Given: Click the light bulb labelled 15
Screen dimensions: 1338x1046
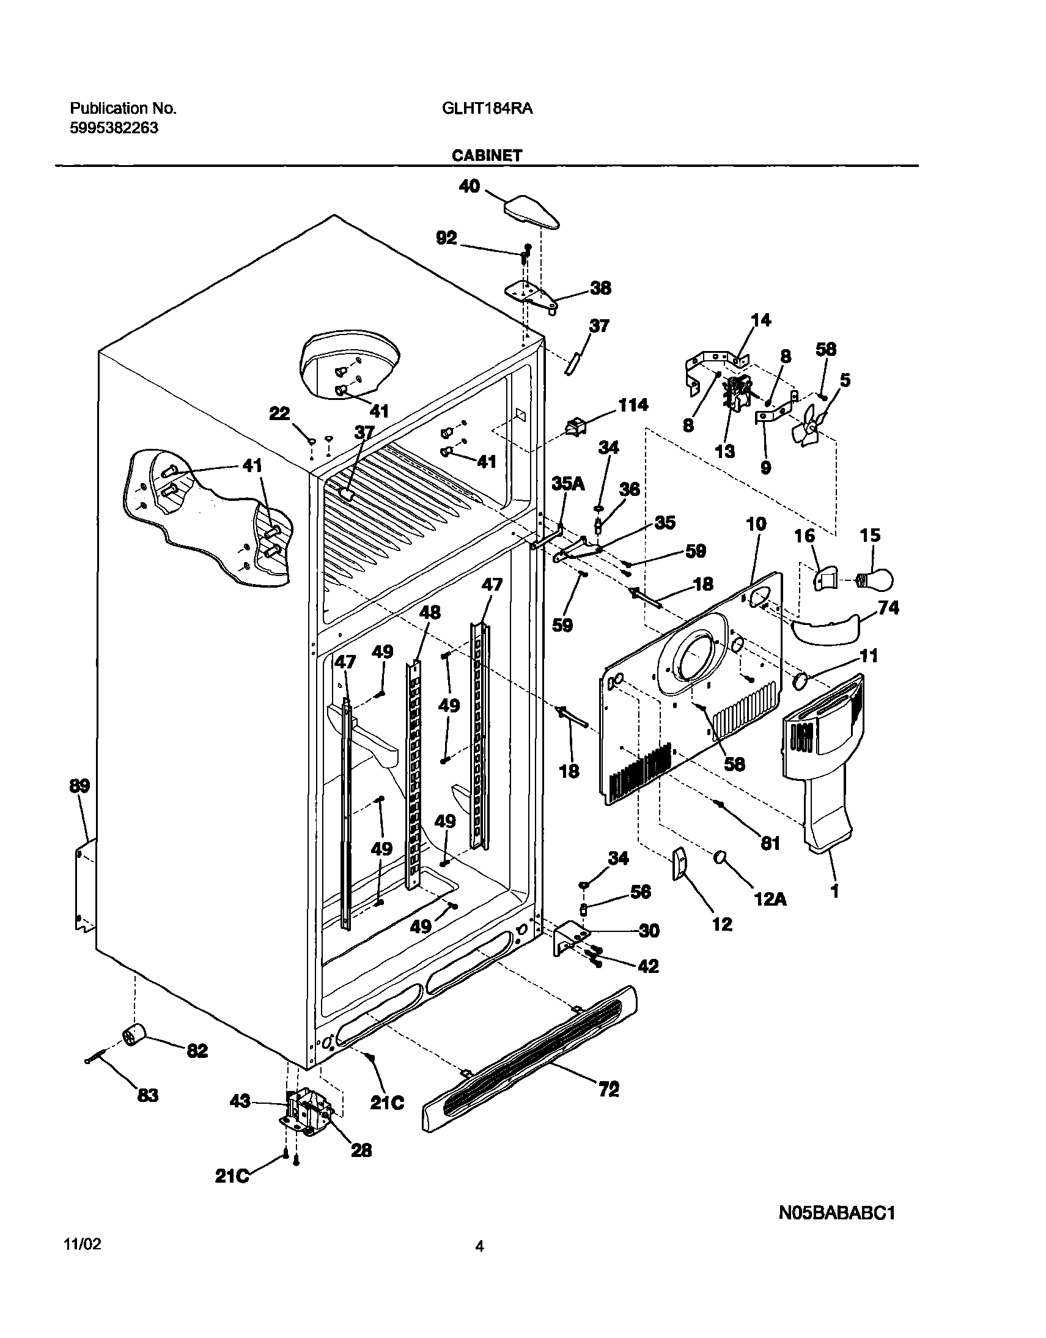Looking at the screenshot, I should coord(877,579).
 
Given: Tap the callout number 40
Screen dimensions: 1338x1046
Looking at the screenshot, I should coord(470,187).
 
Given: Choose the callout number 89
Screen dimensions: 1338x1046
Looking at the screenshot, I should coord(79,785).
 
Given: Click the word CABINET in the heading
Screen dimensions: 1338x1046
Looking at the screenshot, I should coord(487,155).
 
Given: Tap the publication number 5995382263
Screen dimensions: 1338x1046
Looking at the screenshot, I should coord(114,128).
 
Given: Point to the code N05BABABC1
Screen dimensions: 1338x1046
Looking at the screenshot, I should coord(836,1213).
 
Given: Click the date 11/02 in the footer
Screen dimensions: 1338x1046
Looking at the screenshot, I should coord(83,1244).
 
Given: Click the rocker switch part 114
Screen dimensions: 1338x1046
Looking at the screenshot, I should coord(578,427).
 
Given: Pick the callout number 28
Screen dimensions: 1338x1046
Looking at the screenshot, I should coord(361,1150).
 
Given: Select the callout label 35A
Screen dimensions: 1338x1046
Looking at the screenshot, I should coord(568,483).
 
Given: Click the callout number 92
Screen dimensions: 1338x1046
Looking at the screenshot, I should coord(446,238).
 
